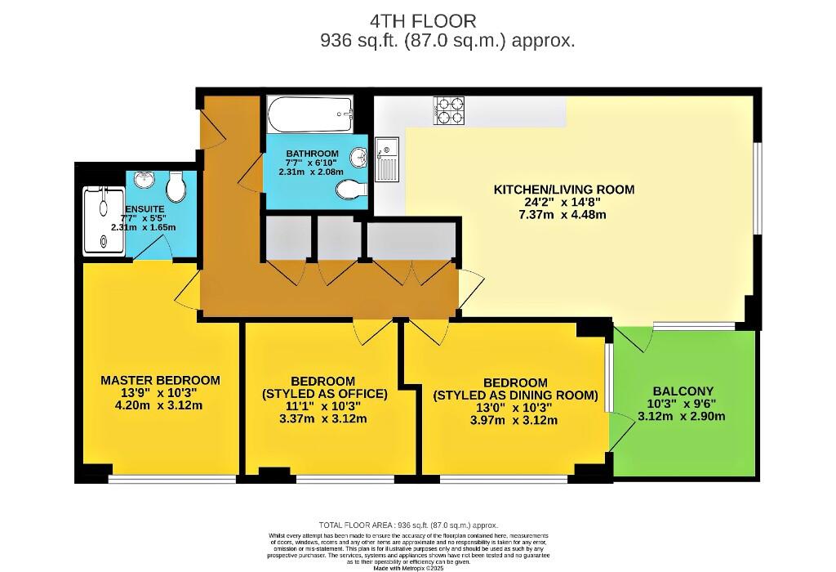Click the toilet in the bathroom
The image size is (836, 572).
(x=350, y=190)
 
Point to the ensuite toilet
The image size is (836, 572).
(x=175, y=189)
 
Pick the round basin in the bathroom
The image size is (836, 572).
(x=358, y=157)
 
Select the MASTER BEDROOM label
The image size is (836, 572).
(x=160, y=380)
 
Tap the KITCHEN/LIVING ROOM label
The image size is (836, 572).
(x=563, y=190)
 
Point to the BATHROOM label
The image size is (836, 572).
(x=312, y=154)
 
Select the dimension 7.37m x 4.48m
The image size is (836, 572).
(x=563, y=215)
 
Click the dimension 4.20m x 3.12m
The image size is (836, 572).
(x=160, y=406)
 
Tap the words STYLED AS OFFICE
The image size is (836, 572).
(x=323, y=394)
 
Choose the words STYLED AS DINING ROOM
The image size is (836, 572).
(x=515, y=395)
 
